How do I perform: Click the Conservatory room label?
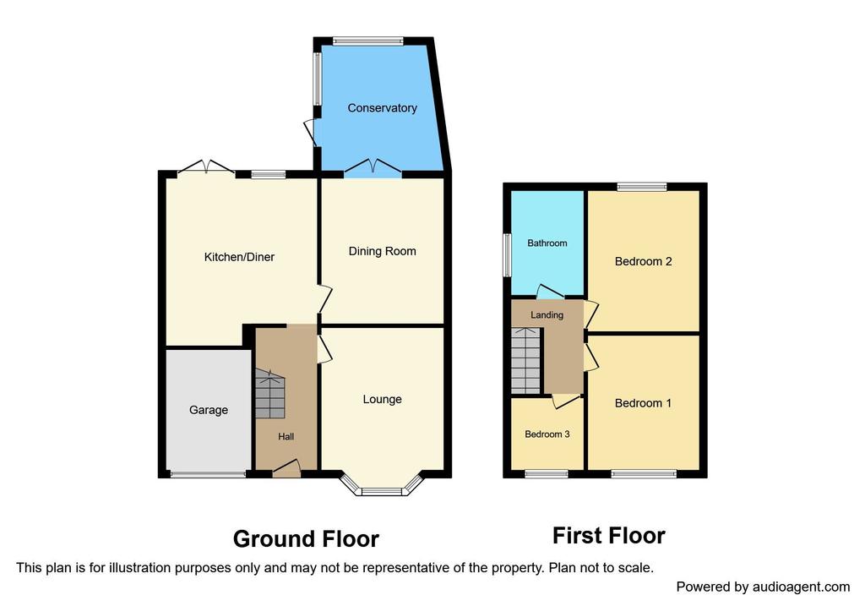[x=382, y=108]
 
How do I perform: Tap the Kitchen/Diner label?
[x=239, y=257]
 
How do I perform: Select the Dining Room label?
[x=383, y=252]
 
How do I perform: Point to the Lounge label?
[x=383, y=400]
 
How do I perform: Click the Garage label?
[x=209, y=410]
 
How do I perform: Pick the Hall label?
[x=286, y=437]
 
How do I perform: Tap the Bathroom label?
[x=547, y=243]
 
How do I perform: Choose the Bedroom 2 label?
[x=643, y=262]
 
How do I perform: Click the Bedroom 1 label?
[x=643, y=403]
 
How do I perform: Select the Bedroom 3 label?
[x=547, y=434]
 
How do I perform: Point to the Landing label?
[x=547, y=315]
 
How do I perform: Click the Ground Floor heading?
[x=306, y=539]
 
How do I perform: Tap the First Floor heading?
[x=609, y=536]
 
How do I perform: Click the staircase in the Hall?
[x=269, y=394]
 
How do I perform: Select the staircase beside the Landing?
[x=525, y=360]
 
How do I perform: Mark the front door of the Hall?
[x=287, y=468]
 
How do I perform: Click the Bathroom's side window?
[x=507, y=255]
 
